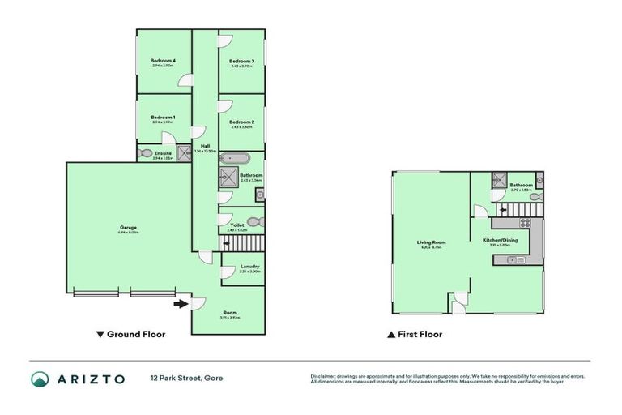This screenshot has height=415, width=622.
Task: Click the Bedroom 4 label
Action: click(x=163, y=61)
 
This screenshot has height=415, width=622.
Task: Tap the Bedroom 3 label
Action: click(x=241, y=61)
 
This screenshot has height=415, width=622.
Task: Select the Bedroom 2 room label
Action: click(x=241, y=122)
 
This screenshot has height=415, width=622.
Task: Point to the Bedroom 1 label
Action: click(x=163, y=118)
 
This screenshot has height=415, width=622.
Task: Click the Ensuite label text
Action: click(x=163, y=153)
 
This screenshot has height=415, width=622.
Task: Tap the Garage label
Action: click(x=128, y=227)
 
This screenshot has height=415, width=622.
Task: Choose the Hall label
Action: click(x=205, y=146)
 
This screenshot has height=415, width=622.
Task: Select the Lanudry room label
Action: click(x=249, y=267)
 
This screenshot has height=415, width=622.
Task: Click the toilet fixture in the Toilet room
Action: click(x=253, y=220)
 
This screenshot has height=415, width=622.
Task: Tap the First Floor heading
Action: click(x=420, y=334)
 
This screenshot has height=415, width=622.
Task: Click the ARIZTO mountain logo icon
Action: click(x=40, y=379)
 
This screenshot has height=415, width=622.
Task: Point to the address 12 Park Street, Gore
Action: click(x=185, y=378)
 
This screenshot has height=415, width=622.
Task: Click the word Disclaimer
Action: click(x=326, y=376)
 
